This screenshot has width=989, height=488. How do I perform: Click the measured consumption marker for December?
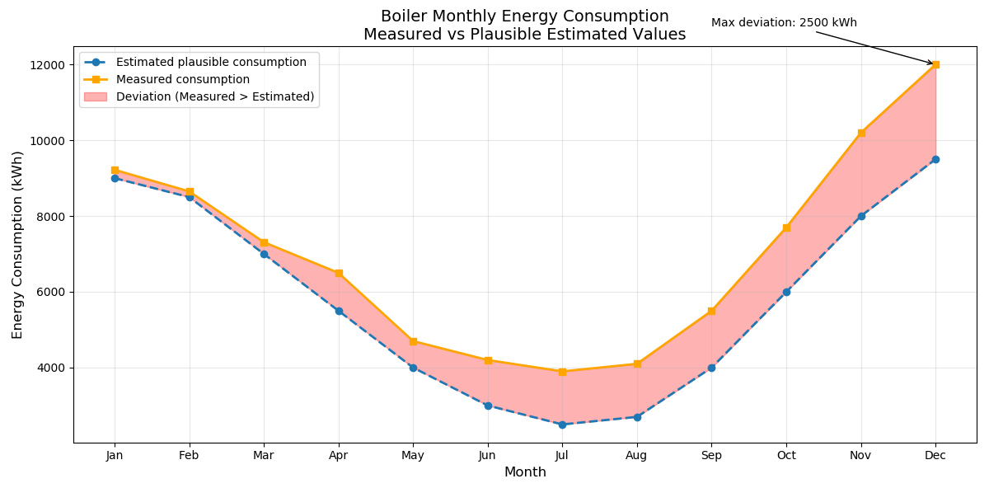(935, 64)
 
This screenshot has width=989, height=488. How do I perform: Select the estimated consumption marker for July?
(562, 425)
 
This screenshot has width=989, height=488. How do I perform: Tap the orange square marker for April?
(339, 273)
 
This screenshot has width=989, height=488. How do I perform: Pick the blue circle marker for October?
(786, 292)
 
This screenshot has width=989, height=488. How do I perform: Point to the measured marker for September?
(711, 311)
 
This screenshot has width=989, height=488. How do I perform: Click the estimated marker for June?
(488, 406)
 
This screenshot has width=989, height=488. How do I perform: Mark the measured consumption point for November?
(861, 133)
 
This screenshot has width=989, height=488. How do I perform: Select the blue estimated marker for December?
(935, 159)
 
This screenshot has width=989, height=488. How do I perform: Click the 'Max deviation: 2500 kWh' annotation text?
(784, 23)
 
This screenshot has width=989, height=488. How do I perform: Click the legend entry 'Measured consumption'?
(182, 79)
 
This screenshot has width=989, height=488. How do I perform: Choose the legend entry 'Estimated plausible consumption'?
(211, 62)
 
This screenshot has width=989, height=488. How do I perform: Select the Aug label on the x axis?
(636, 455)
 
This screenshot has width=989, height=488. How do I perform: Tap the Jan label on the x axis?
(115, 455)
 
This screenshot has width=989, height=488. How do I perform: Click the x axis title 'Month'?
(525, 472)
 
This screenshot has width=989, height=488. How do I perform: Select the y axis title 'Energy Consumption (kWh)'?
(17, 245)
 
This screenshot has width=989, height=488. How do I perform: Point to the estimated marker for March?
(264, 254)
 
